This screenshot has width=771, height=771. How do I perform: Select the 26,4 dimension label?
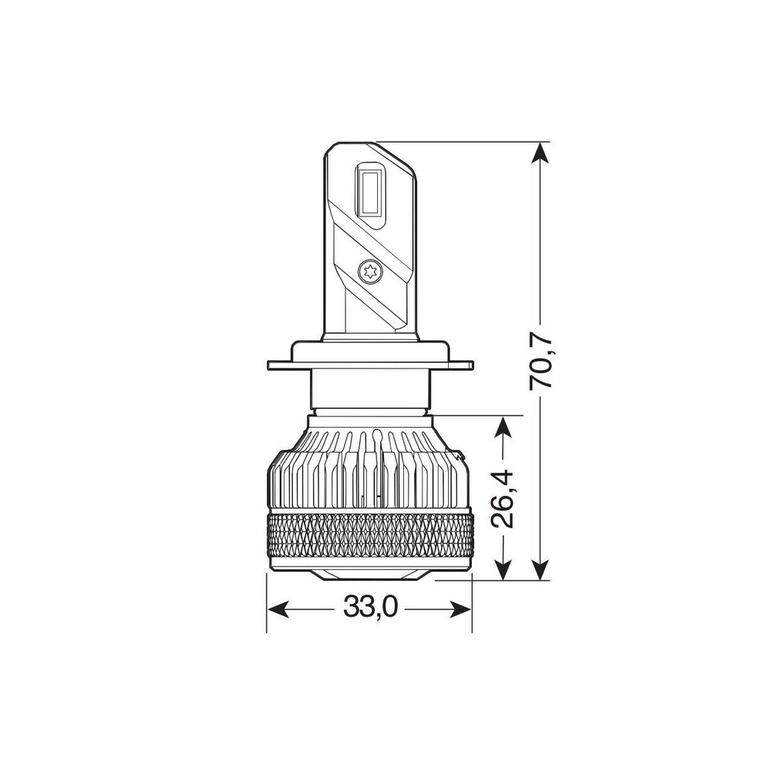point(503,500)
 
